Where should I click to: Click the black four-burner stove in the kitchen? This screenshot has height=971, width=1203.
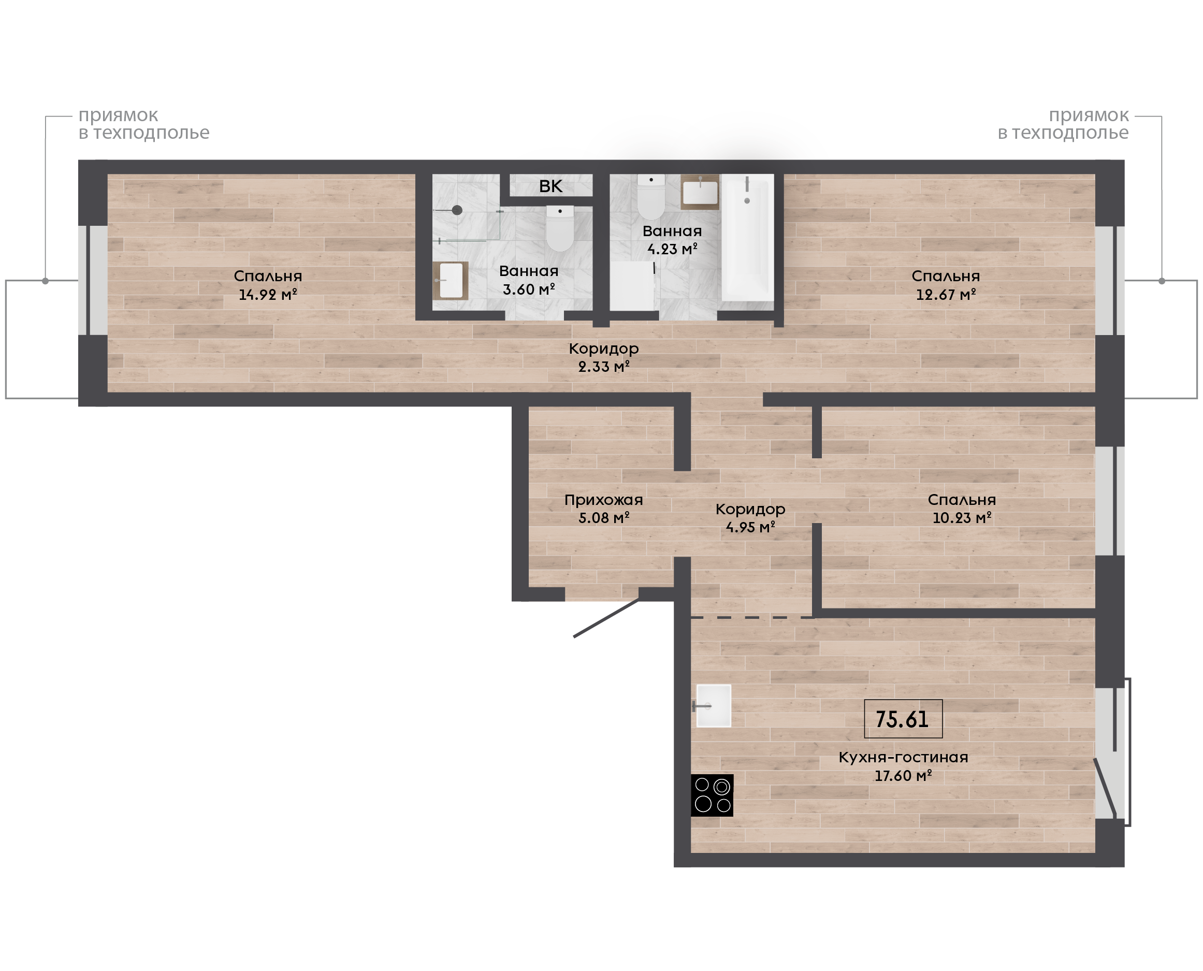[712, 795]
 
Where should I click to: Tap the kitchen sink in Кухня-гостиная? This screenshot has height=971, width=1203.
[713, 706]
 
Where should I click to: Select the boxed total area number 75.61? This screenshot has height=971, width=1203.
[902, 719]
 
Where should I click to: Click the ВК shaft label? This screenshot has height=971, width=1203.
[550, 186]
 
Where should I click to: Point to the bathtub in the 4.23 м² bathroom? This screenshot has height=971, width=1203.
[748, 237]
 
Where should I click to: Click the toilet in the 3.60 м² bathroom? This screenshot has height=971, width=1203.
[560, 228]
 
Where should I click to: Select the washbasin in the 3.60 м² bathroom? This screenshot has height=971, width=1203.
[450, 280]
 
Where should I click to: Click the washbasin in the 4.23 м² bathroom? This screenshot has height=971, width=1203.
[700, 192]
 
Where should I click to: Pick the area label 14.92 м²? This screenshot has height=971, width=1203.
[268, 295]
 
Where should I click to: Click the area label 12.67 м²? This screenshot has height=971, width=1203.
[946, 295]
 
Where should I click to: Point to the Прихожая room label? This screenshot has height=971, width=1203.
[603, 500]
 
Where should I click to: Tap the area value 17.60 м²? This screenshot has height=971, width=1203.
[903, 776]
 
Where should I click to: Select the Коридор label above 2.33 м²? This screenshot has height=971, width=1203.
[603, 349]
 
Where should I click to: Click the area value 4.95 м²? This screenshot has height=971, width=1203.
[750, 527]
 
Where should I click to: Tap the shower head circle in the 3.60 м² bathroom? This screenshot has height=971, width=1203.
[457, 210]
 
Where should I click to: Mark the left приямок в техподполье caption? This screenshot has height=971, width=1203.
[144, 124]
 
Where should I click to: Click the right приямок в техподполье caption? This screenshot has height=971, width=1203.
[1063, 124]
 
